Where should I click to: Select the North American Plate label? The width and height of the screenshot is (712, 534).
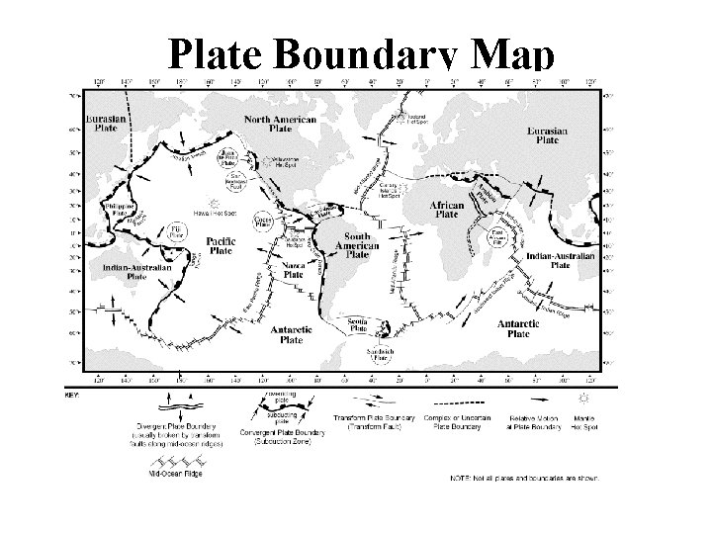281,125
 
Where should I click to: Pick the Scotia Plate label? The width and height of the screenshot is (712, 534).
360,324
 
